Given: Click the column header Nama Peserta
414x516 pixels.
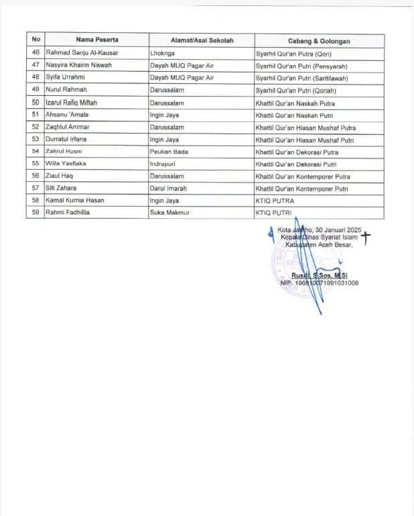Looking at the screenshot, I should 92,41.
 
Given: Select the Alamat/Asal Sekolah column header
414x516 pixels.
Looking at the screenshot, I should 201,41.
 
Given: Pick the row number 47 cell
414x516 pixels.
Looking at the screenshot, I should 36,66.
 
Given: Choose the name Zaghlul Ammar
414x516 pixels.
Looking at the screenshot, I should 68,127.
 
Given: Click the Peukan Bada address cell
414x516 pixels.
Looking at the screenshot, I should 169,152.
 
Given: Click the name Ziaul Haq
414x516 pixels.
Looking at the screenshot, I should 60,176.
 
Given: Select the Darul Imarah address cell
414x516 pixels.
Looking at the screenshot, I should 171,188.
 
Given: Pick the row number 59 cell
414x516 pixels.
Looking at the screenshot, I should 36,212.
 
